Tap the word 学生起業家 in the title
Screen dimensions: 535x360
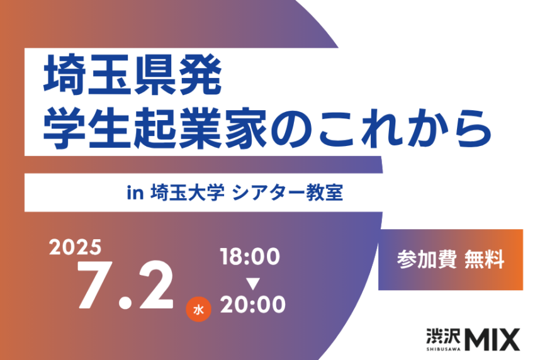coord(155,128)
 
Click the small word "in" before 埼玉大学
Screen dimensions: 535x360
coord(135,193)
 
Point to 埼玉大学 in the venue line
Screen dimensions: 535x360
coord(188,193)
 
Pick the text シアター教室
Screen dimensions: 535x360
coord(287,193)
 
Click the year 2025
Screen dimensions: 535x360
coord(76,247)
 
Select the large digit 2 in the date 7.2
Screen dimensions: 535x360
coord(156,284)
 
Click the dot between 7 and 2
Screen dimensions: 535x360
coord(125,302)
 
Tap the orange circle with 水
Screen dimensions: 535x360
coord(198,310)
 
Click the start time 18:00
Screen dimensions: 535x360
coord(250,257)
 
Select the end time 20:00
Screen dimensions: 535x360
coord(253,305)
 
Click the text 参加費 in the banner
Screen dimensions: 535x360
coord(427,260)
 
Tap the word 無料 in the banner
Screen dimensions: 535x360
coord(484,260)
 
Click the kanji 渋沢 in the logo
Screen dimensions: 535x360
coord(443,337)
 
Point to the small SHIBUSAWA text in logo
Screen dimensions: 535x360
coord(443,349)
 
